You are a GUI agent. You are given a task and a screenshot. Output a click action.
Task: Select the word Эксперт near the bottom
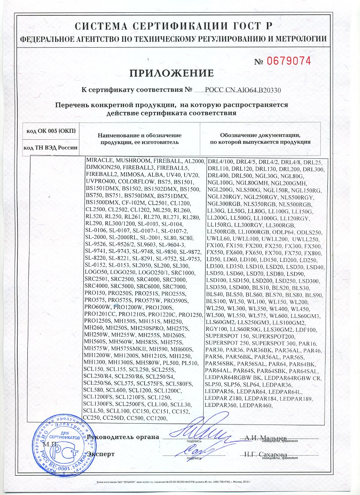pos(101,454)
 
